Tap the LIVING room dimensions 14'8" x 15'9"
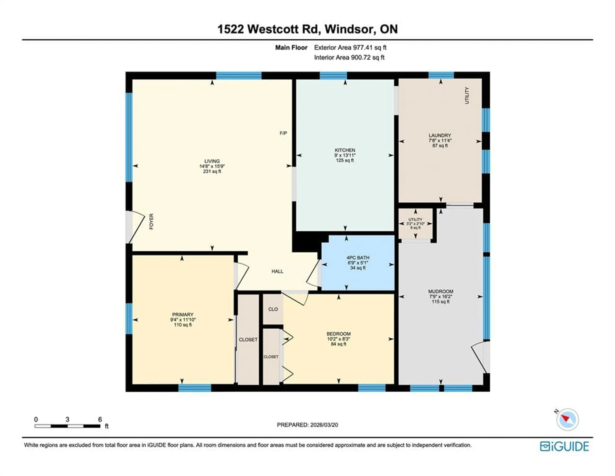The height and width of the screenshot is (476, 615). pyautogui.click(x=212, y=166)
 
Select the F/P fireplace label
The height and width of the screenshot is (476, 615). pyautogui.click(x=283, y=133)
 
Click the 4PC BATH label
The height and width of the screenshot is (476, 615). pyautogui.click(x=358, y=258)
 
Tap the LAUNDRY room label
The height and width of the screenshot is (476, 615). pyautogui.click(x=440, y=135)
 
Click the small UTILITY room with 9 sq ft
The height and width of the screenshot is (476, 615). pyautogui.click(x=415, y=223)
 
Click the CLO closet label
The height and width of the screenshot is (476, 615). pyautogui.click(x=273, y=309)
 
